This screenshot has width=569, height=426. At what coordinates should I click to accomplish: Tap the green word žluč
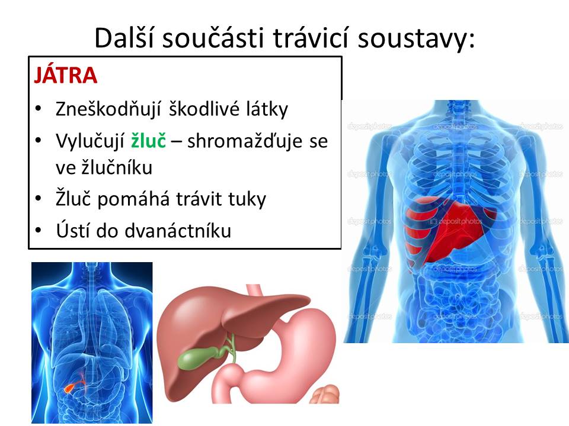pos(148,140)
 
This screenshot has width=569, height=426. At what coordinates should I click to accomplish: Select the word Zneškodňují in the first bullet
pos(108,109)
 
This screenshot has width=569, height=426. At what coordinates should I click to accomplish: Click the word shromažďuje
pos(245,141)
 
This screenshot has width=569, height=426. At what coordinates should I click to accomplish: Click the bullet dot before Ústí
pos(39,230)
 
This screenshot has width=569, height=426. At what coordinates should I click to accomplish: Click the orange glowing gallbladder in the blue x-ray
pos(70,388)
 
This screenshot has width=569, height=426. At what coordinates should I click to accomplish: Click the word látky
pos(267,108)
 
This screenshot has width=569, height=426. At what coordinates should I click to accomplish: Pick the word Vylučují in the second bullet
pos(90,141)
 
